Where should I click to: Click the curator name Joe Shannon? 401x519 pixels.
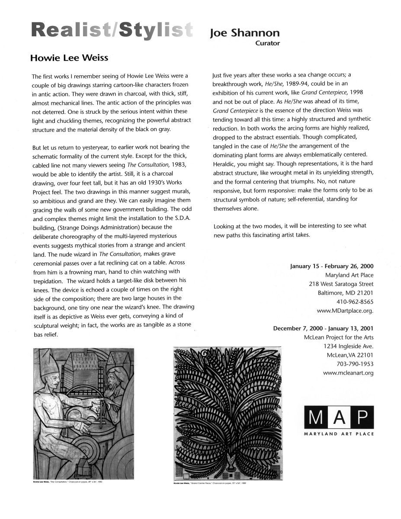click(244, 33)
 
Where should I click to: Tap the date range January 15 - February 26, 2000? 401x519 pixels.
click(332, 266)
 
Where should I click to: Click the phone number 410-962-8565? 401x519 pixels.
click(355, 301)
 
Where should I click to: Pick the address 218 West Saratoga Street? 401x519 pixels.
click(341, 284)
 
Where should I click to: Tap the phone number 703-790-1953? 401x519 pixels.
click(355, 364)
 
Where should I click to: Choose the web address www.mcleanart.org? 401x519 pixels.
click(348, 372)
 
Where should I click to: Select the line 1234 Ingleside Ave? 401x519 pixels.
click(348, 346)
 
